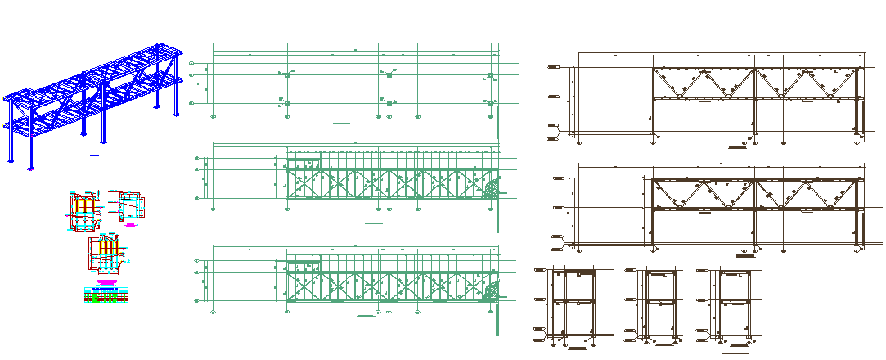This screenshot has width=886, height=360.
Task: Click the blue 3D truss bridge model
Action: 94,102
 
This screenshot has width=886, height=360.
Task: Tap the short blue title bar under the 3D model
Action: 94,155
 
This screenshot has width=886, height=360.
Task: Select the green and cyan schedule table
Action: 106,295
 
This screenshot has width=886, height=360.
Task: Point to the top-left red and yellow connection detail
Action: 83,211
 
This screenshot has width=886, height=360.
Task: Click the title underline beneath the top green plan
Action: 342,123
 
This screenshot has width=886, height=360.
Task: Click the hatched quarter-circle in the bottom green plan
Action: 491,291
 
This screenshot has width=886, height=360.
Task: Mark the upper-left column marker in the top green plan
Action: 286,74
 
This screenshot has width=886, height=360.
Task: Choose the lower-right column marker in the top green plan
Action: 491,103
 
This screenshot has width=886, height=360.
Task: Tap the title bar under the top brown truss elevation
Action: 738,147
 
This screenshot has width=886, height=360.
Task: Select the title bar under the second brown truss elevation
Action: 744,256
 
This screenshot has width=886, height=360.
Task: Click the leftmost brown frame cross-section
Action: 573,302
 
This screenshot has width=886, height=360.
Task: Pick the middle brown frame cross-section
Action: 659,302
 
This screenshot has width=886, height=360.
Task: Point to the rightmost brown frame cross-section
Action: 733,302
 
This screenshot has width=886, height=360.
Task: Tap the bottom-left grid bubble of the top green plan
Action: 214,116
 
